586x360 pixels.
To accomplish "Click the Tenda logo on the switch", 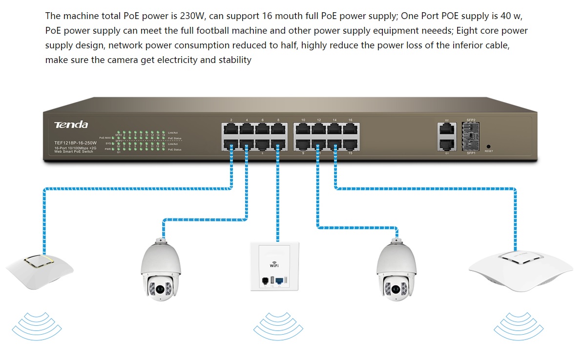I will point(71,125).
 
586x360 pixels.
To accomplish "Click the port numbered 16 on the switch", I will point(350,129).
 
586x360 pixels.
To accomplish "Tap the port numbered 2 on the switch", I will point(230,129).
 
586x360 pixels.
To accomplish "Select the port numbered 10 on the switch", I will point(303,129).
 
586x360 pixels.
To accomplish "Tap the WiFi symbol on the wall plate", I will point(274,264).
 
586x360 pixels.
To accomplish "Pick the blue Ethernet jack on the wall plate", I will point(279,281).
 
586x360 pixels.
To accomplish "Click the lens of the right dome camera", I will point(395,290).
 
